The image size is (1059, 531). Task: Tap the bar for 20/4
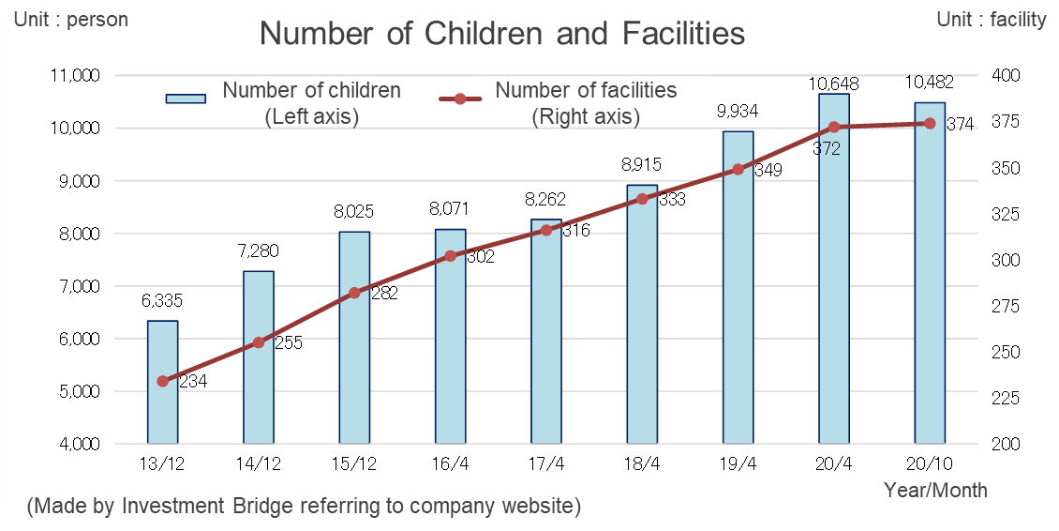click(834, 272)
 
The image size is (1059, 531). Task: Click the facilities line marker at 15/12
click(354, 293)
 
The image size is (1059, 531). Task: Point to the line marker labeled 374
click(930, 123)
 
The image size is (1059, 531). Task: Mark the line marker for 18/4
click(642, 199)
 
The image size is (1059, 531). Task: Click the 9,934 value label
click(738, 112)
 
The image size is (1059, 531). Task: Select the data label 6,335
click(162, 301)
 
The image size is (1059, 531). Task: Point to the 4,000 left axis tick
click(82, 444)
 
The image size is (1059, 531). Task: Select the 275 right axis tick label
click(1007, 306)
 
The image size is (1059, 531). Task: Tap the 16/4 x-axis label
click(450, 464)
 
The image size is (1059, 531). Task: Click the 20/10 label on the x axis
click(930, 464)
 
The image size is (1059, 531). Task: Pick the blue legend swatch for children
click(186, 99)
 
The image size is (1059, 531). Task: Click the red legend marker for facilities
click(460, 99)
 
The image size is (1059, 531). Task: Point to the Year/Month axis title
click(936, 490)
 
